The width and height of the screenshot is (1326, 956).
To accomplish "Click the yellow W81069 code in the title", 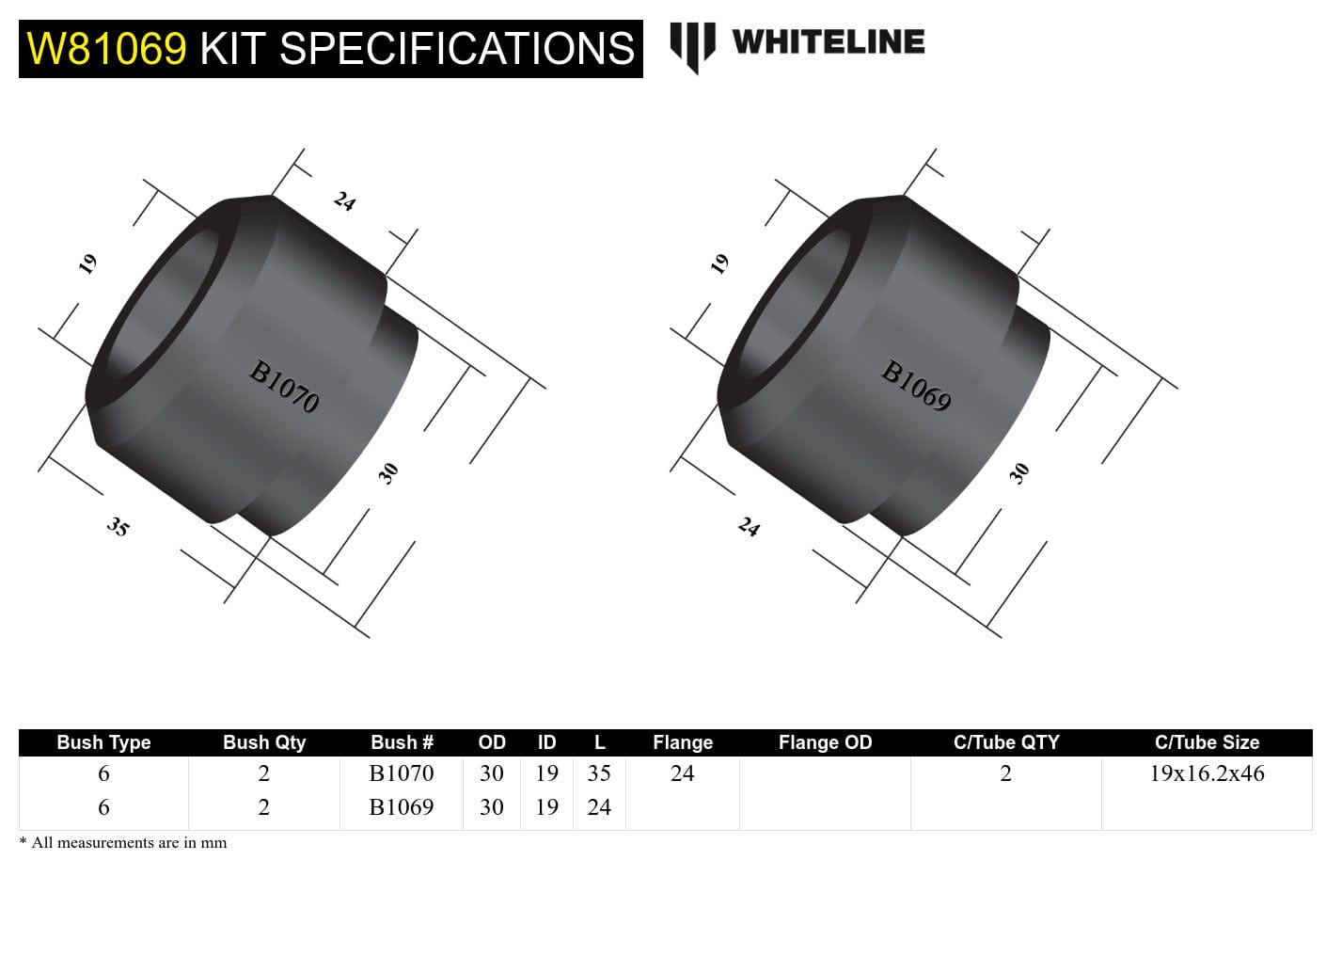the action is coord(106,48).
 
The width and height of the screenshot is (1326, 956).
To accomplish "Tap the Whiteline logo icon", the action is coord(692,44).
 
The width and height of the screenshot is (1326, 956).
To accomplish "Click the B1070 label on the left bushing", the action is coord(284,387).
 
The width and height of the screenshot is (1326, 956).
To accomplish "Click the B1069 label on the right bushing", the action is coord(916,387).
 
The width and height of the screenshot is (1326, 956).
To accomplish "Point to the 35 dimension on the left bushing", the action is coord(118,527).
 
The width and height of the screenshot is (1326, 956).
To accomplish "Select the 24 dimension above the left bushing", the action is coord(344,201).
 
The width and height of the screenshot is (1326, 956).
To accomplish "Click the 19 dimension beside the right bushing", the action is coord(720,263).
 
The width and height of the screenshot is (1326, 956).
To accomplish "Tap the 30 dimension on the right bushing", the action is coord(1019,472).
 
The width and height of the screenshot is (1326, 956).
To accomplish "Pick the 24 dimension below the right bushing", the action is coord(749,527).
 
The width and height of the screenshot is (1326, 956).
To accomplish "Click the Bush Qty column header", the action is coord(264,742).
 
